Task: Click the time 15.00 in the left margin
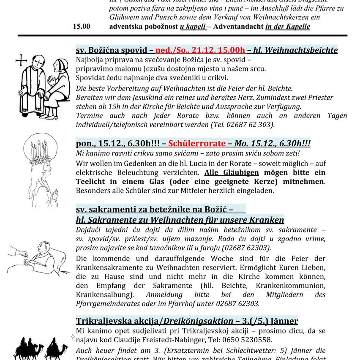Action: [81, 26]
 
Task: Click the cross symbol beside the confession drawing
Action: [21, 61]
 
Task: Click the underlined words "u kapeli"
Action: [193, 26]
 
